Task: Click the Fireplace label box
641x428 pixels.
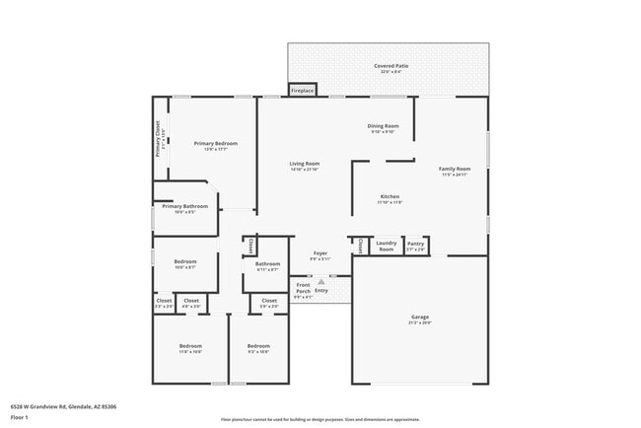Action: coord(303,91)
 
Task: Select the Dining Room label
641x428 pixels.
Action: coord(383,126)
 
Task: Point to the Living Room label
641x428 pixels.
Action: coord(304,164)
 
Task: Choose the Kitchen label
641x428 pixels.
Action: coord(390,197)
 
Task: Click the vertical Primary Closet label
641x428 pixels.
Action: coord(158,139)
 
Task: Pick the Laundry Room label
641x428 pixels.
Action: coord(387,246)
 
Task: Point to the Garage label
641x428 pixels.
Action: coord(420,317)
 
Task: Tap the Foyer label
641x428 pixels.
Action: coord(320,253)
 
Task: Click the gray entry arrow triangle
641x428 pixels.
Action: coord(320,281)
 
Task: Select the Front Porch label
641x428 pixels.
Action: coord(304,288)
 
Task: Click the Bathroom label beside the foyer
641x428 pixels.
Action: coord(268,263)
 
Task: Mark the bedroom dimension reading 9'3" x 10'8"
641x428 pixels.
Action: coord(258,351)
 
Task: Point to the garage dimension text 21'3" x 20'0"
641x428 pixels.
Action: coord(420,322)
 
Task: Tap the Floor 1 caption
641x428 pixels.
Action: coord(20,417)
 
